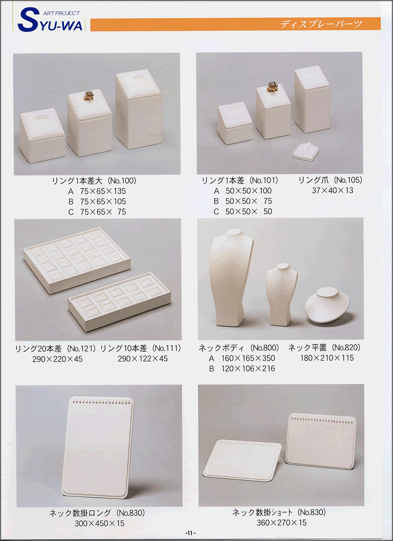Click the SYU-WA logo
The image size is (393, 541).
pos(50,20)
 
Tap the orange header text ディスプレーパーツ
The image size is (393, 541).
pos(321,24)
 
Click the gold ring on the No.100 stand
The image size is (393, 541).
pos(89,96)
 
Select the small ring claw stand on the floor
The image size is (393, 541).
pos(306,151)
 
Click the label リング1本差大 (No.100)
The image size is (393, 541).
pos(94,180)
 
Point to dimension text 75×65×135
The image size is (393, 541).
pos(103,191)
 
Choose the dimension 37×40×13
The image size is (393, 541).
pos(333,191)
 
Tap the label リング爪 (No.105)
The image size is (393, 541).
pos(330,180)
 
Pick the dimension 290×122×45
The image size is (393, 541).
pos(143,359)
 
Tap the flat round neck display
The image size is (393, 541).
pos(327,305)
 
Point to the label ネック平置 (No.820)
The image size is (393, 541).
pos(324,347)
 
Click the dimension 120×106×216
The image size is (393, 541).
pos(248,369)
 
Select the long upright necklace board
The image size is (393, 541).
pos(98,447)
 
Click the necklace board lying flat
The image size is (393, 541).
pos(242,460)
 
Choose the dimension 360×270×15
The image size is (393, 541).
pos(281,523)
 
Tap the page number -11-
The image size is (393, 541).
pos(190,533)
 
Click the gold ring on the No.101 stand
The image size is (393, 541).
pos(272,87)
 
